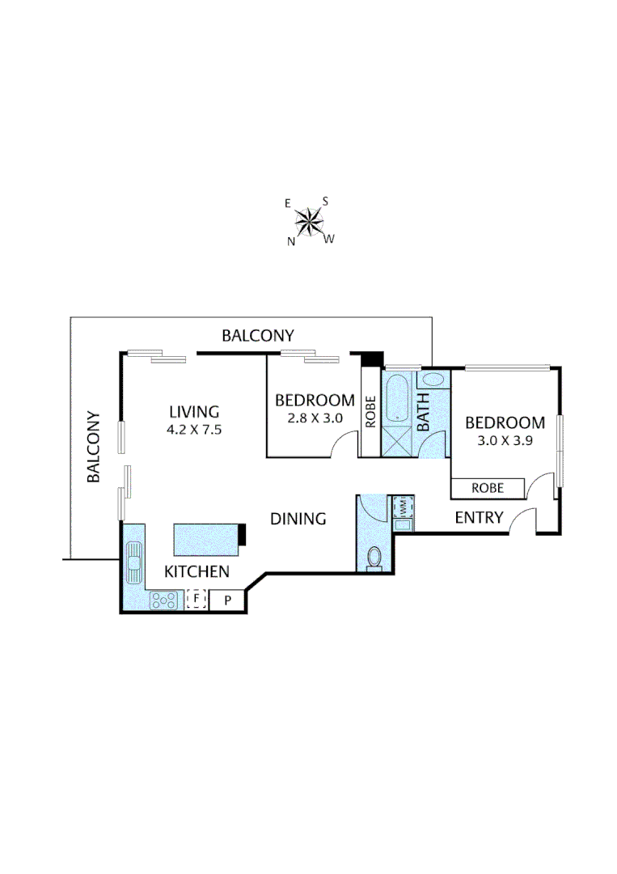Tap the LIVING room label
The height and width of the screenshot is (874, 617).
[194, 411]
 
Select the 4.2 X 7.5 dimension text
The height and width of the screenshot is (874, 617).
[194, 430]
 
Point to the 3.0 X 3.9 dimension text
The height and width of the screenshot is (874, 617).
[505, 441]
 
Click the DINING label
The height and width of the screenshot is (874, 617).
[298, 519]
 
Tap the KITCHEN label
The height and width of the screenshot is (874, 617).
[197, 572]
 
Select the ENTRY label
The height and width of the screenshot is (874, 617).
[479, 517]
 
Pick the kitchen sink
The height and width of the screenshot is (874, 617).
[133, 557]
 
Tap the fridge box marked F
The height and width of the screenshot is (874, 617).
[196, 600]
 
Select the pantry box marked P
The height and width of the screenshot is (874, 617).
[227, 600]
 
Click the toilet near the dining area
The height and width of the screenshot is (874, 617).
[374, 558]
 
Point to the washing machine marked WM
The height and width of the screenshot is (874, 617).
[402, 507]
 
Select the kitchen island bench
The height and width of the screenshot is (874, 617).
[207, 538]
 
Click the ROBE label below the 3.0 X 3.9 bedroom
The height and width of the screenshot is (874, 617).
[488, 488]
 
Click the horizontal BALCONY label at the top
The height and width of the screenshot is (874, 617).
[258, 335]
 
